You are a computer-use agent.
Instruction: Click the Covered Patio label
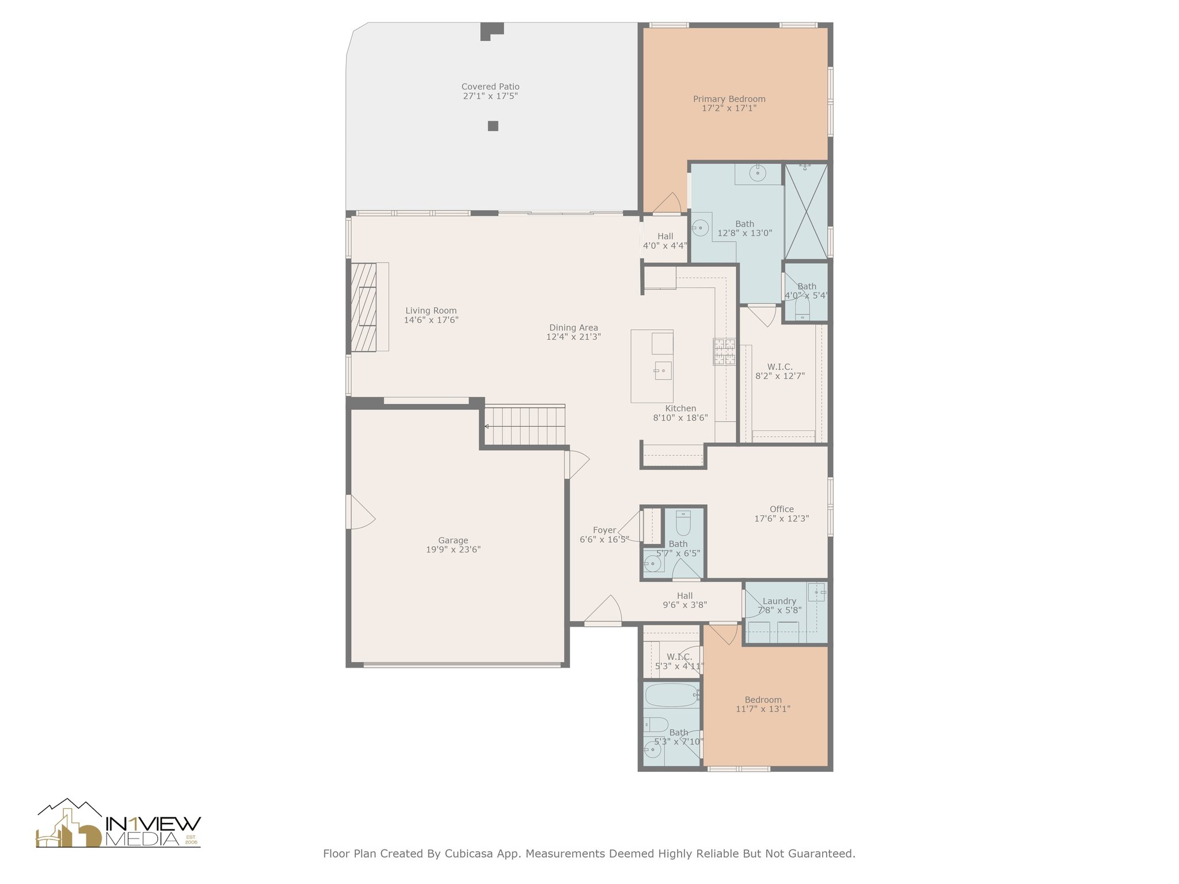[x=490, y=87]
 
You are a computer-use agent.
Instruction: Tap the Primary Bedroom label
[x=729, y=99]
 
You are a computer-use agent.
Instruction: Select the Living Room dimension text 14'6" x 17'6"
[x=431, y=320]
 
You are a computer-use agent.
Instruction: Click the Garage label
[x=453, y=540]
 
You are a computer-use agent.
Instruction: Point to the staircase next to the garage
[x=524, y=425]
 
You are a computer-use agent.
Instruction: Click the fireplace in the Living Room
[x=364, y=307]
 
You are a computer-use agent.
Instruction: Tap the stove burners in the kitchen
[x=724, y=351]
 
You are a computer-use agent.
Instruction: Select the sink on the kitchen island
[x=663, y=371]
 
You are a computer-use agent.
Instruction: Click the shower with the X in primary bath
[x=807, y=211]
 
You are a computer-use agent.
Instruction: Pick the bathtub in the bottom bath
[x=672, y=695]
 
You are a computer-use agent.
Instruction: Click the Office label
[x=782, y=509]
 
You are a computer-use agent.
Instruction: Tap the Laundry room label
[x=779, y=601]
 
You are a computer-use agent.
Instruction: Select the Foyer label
[x=604, y=531]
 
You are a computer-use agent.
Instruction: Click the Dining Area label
[x=573, y=328]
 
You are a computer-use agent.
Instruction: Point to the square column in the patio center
[x=493, y=126]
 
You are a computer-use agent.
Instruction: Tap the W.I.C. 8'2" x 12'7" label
[x=780, y=371]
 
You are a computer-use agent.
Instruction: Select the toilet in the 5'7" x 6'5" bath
[x=683, y=523]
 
